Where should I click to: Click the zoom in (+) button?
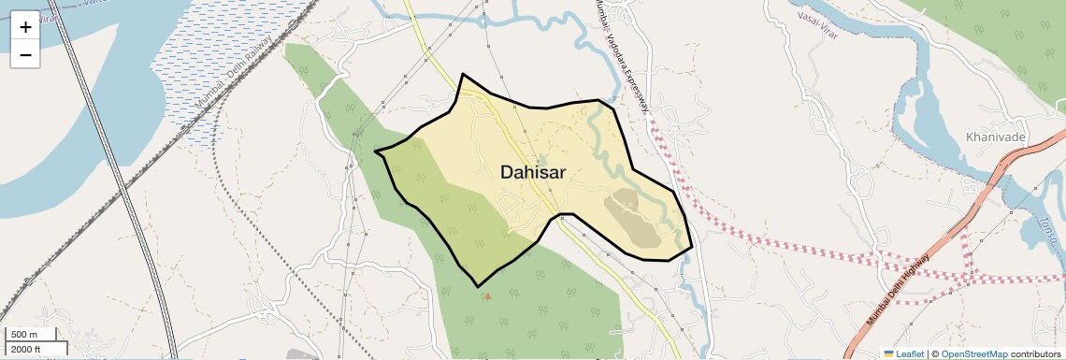tap(25, 27)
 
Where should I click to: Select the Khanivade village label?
tap(996, 137)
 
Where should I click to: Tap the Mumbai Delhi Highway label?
tap(898, 290)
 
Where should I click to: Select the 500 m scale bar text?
tap(24, 335)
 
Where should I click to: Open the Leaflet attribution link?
tap(910, 354)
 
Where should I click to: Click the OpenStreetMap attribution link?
tap(973, 354)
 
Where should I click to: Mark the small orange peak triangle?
tap(487, 296)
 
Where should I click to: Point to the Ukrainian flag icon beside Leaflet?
tap(889, 354)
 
